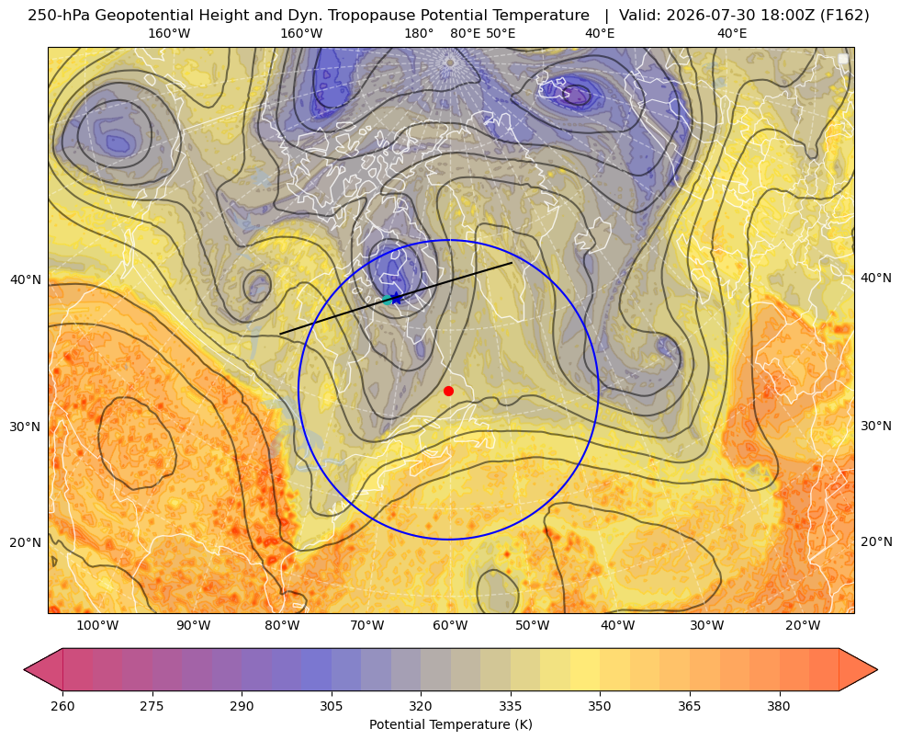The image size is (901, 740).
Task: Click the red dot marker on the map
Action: click(x=449, y=391)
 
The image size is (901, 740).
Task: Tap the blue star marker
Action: click(x=397, y=297)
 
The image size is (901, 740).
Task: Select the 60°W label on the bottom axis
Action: click(x=450, y=625)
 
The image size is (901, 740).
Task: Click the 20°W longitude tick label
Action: click(x=803, y=625)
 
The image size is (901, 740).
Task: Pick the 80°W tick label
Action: click(x=282, y=625)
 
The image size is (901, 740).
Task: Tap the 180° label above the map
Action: click(x=419, y=33)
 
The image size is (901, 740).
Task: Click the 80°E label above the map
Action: click(x=465, y=33)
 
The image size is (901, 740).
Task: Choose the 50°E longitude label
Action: click(x=501, y=33)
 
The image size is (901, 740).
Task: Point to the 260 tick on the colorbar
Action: click(x=62, y=706)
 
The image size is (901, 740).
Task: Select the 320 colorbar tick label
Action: click(x=421, y=706)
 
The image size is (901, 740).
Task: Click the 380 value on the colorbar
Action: click(x=779, y=706)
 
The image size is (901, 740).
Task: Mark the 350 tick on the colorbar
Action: click(x=600, y=706)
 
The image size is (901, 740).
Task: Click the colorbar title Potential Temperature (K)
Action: click(x=450, y=724)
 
